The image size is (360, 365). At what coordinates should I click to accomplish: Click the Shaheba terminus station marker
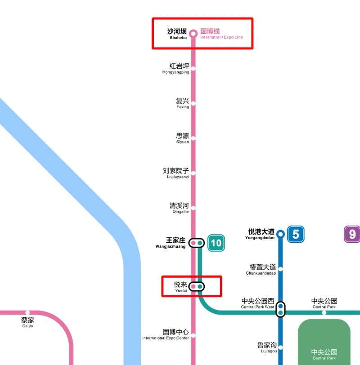point(193,33)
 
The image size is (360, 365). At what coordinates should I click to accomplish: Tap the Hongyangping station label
point(176,68)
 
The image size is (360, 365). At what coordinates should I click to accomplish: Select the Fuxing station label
point(182,103)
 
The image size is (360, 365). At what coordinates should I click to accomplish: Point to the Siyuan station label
point(182,138)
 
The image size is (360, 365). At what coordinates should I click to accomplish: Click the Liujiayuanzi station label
point(176,173)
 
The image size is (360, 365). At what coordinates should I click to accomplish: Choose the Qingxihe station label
point(179,208)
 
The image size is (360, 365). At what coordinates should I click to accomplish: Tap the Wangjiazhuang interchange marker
point(197,243)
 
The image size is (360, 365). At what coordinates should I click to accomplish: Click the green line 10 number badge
point(216,243)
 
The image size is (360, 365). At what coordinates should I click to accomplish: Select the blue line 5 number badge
point(296,234)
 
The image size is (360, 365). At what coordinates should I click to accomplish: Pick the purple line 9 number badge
point(352,234)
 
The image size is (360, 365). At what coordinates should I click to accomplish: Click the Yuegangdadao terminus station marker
point(280,234)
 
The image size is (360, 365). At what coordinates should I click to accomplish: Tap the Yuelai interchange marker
point(197,286)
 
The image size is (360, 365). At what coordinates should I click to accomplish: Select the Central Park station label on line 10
point(324,303)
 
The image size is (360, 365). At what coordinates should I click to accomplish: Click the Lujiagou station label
point(267,347)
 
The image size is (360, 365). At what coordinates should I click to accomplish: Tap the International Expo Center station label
point(166,334)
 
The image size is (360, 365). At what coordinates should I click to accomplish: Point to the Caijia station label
point(27,322)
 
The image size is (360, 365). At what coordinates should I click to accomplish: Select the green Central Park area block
point(324,342)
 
